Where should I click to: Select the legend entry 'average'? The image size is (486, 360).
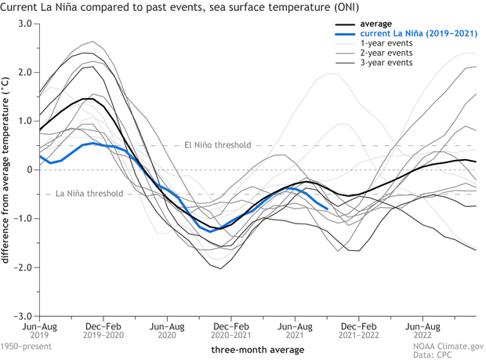376,24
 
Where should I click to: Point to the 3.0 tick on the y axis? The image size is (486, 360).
24,24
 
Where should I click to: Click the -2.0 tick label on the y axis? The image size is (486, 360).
23,267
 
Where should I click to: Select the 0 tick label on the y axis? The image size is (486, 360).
28,170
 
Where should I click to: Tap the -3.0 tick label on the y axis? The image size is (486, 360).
23,316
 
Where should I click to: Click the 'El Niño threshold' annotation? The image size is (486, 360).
217,145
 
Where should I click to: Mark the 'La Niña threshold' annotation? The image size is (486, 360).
84,194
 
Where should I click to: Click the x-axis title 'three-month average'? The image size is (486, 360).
257,349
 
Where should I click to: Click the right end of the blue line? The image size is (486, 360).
327,208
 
